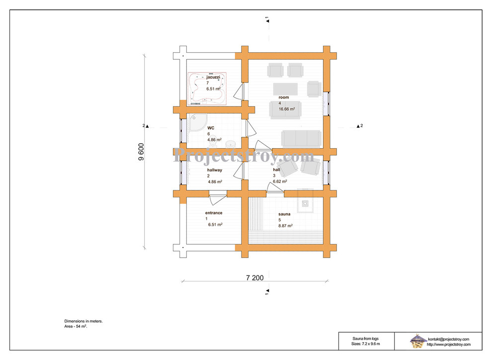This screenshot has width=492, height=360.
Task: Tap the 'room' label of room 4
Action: (x=284, y=97)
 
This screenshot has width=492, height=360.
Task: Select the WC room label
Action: (x=211, y=128)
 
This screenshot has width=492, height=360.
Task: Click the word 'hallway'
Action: (x=215, y=170)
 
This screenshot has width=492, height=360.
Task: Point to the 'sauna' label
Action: (x=284, y=214)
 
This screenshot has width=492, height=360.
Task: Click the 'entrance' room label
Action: (x=214, y=213)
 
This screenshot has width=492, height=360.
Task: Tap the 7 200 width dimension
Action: (x=255, y=278)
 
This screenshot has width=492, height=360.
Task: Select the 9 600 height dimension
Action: (x=141, y=152)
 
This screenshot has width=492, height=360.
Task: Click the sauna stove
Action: (x=305, y=203)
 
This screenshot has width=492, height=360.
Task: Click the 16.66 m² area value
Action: (x=287, y=109)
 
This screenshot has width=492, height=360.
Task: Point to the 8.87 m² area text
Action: (x=286, y=226)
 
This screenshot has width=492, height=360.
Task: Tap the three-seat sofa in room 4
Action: (x=301, y=138)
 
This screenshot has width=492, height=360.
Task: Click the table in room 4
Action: (x=285, y=89)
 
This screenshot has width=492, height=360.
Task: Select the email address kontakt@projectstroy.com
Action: (x=449, y=339)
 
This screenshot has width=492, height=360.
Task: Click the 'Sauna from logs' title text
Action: (x=366, y=339)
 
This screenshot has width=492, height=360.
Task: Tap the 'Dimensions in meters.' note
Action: (x=83, y=321)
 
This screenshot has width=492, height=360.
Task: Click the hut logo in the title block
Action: (x=417, y=341)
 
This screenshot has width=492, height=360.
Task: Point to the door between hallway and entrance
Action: (x=218, y=198)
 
